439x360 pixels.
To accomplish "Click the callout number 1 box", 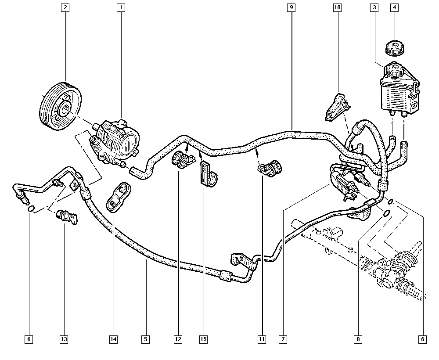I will [120, 7].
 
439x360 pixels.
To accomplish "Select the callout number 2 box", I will [65, 7].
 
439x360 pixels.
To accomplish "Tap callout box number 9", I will [291, 7].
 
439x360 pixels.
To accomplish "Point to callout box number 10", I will [337, 7].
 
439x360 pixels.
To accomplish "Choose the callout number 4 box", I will [394, 7].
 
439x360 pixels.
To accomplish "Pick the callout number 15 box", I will [203, 339].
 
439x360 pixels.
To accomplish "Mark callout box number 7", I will [284, 339].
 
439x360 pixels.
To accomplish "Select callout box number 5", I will [146, 339].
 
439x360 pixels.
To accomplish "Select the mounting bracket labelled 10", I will [337, 107].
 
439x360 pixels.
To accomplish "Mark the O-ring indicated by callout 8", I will [386, 214].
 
